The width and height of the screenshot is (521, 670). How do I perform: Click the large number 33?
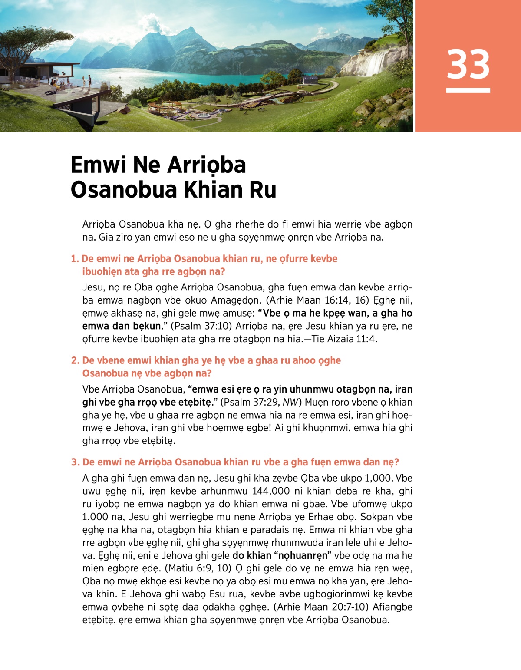pos(468,64)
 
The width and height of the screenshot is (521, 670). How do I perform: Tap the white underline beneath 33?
pos(468,90)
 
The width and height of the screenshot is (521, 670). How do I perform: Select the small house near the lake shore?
pos(310,79)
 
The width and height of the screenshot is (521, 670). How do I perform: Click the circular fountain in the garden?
pos(204,116)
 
